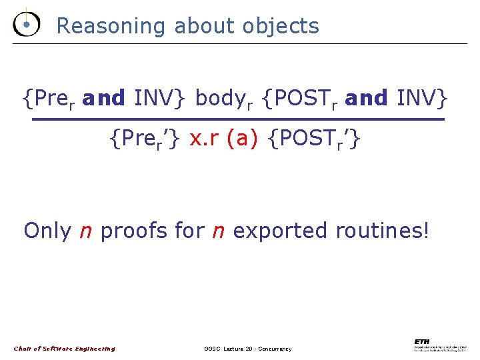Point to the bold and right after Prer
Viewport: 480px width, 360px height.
point(104,98)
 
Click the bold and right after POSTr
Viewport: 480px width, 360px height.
point(367,98)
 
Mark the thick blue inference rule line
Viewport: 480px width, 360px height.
point(239,119)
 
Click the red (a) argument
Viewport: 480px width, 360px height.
point(242,139)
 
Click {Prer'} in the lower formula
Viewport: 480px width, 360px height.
point(147,140)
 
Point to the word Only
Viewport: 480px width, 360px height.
point(47,231)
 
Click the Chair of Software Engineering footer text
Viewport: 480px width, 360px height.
point(65,349)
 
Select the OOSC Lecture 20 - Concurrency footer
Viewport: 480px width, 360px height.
point(248,349)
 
